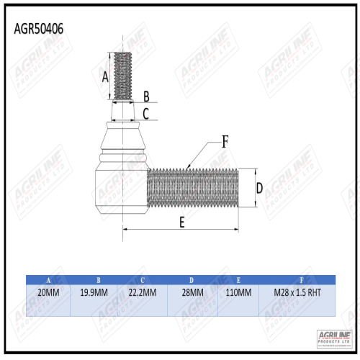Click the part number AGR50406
point(38,29)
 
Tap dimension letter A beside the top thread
point(105,76)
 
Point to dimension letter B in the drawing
point(146,96)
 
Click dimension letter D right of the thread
point(258,188)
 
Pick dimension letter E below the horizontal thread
point(181,222)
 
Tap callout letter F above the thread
point(225,142)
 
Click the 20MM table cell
point(48,293)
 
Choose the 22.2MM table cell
point(144,293)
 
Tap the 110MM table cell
point(239,293)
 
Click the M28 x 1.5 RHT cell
point(297,293)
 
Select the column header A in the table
point(48,279)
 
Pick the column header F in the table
point(297,279)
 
